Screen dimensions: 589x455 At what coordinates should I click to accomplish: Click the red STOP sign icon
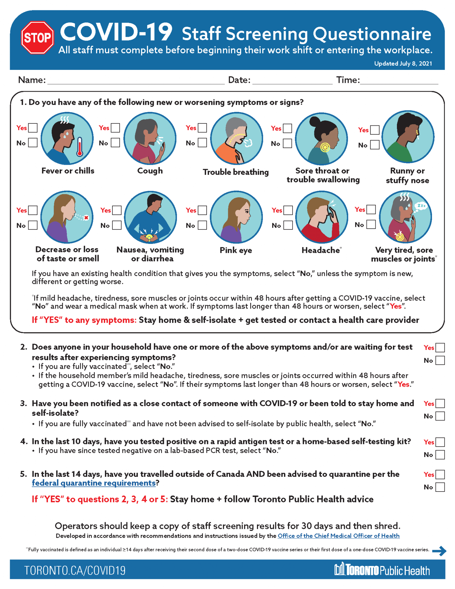click(37, 37)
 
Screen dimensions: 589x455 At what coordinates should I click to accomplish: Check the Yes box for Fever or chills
click(33, 128)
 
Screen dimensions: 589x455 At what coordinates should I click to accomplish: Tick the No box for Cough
click(115, 143)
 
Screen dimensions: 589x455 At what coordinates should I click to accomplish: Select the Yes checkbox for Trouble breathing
click(202, 128)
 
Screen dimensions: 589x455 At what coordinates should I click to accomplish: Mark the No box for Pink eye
click(202, 225)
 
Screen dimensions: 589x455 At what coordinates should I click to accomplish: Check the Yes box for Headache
click(288, 210)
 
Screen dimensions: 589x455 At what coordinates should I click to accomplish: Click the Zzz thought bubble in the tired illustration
click(421, 206)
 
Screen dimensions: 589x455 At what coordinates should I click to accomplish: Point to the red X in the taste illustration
click(86, 218)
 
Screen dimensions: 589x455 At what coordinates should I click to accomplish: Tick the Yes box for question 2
click(440, 348)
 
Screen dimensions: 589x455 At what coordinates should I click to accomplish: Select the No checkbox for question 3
click(440, 416)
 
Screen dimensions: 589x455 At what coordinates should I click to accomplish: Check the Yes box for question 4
click(440, 442)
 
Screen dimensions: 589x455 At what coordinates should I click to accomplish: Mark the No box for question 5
click(440, 487)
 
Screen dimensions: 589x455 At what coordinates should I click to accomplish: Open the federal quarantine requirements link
click(94, 483)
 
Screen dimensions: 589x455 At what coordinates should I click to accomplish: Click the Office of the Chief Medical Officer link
click(338, 536)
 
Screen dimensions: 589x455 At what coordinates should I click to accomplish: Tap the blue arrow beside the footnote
click(439, 551)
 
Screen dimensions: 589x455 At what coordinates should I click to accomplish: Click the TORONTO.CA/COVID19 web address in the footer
click(75, 571)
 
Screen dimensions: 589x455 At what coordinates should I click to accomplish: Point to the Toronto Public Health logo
click(382, 569)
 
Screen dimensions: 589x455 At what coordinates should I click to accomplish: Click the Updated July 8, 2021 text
click(403, 64)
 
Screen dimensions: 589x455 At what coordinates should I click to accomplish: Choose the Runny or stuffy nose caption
click(407, 175)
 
